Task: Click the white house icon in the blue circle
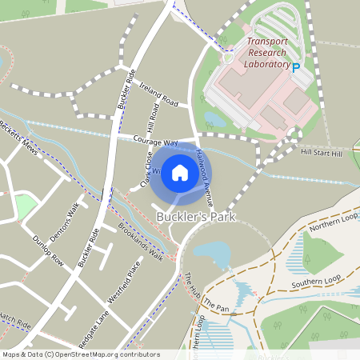point(180,171)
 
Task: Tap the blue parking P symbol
point(296,69)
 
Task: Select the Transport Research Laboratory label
point(267,53)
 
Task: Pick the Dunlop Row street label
point(47,250)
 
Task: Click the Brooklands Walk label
point(140,240)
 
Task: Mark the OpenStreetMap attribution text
point(80,354)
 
